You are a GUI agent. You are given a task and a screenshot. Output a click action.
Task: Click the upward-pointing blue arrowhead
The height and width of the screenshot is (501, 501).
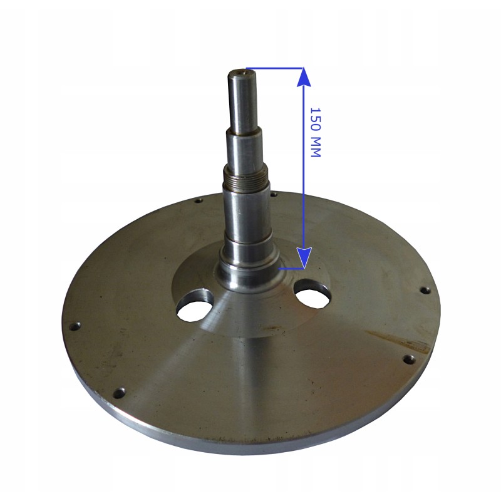coord(304,77)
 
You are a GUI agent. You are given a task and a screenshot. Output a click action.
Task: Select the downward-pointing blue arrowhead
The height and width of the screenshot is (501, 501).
coord(304,257)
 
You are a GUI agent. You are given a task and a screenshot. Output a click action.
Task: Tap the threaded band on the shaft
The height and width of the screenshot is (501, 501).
coord(245,177)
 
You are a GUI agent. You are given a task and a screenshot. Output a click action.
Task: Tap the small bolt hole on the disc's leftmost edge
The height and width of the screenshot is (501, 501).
coord(76,326)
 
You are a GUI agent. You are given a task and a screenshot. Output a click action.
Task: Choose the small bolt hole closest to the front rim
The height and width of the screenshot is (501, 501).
coord(119,393)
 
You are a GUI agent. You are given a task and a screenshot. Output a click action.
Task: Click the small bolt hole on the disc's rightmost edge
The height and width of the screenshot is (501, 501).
coord(424,290)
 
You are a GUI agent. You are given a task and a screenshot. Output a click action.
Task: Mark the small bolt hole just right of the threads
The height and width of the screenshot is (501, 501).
coord(274,194)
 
